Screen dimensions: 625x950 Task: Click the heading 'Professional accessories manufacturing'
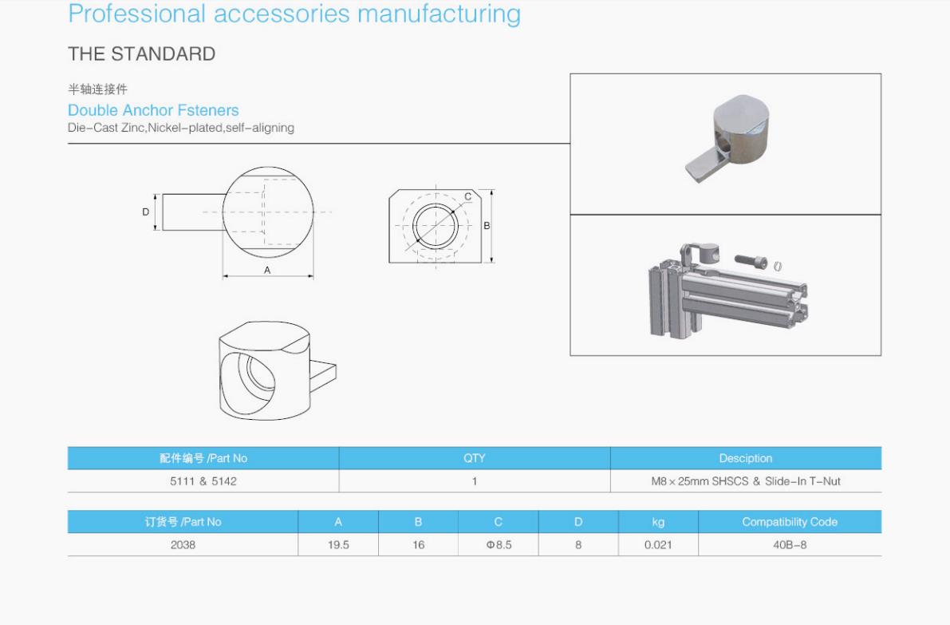click(x=294, y=14)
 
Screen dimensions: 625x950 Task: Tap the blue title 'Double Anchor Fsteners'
click(x=153, y=110)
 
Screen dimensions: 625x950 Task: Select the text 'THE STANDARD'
click(x=141, y=54)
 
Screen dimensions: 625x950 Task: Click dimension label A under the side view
click(x=267, y=271)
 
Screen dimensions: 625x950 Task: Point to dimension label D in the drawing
click(x=146, y=212)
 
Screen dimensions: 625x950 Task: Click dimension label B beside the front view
click(x=487, y=226)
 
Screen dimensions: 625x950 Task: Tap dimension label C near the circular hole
click(x=467, y=196)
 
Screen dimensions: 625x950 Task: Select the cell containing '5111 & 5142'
click(x=203, y=481)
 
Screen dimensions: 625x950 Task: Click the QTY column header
click(x=474, y=458)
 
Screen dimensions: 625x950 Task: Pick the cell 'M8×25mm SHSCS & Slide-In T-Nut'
click(x=745, y=481)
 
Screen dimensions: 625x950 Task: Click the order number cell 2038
click(x=183, y=545)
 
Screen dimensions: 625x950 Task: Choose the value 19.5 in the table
click(x=338, y=545)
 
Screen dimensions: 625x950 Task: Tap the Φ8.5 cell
click(x=498, y=545)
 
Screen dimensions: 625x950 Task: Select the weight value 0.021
click(x=658, y=545)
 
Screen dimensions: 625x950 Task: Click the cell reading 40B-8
click(x=790, y=545)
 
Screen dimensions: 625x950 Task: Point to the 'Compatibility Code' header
click(x=790, y=522)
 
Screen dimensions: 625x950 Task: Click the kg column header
click(x=658, y=522)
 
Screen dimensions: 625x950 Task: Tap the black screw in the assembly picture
click(x=753, y=261)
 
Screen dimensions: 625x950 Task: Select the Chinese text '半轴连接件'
click(x=97, y=89)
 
